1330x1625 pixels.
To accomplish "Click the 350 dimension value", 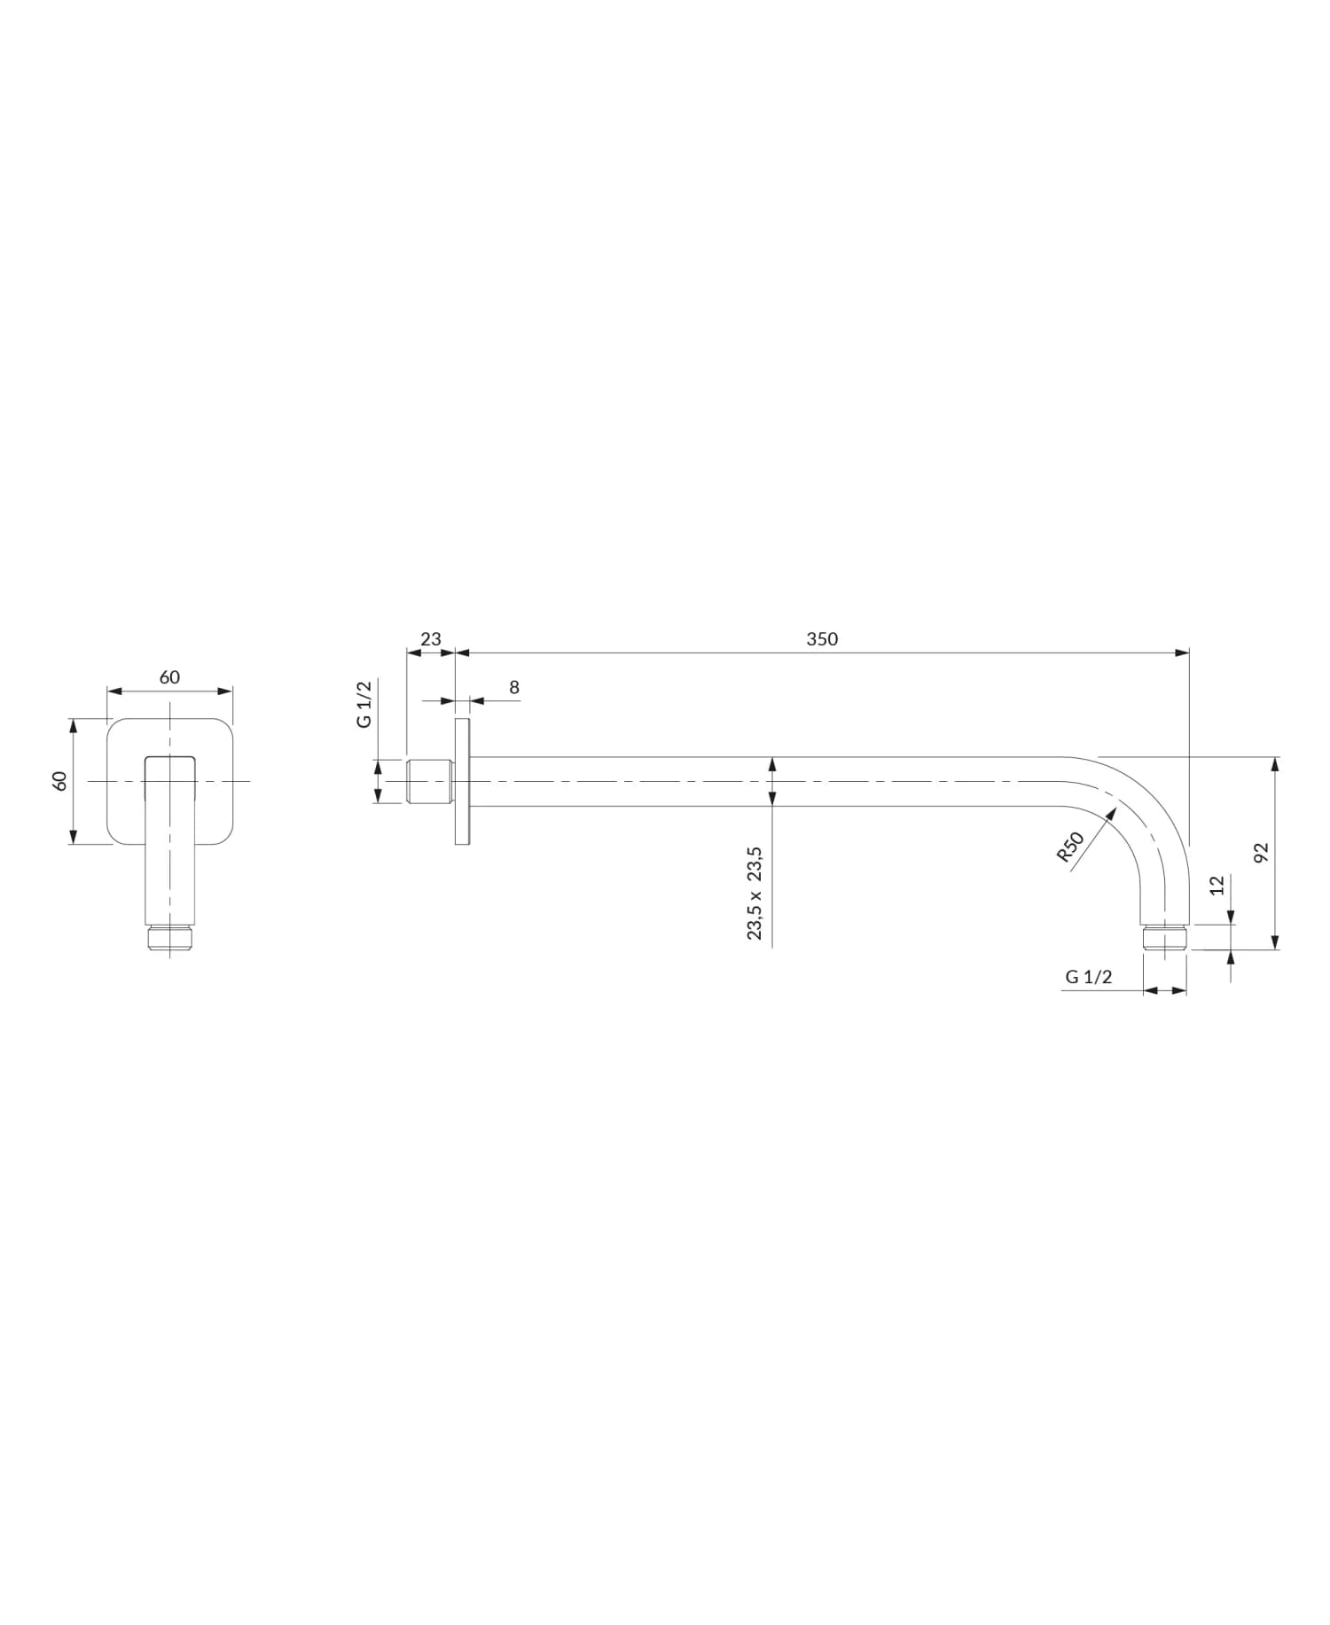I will (822, 638).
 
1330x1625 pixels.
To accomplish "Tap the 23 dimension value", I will (430, 638).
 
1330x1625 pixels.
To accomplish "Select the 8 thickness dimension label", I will (514, 687).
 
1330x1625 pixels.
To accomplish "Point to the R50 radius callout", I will (1070, 847).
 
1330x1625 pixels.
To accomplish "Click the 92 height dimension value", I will (1262, 852).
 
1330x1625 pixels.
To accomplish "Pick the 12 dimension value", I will (1217, 885).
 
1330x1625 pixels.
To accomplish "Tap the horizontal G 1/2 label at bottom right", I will (1088, 977).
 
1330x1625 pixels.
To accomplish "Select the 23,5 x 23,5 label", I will (755, 893).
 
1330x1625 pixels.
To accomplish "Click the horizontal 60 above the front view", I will (169, 677).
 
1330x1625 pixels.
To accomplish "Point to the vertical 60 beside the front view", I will (60, 781).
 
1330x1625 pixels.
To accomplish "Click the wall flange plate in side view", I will (462, 781).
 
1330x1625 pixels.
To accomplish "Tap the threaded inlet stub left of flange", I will (430, 781).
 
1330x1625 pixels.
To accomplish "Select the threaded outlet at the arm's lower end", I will (1165, 938).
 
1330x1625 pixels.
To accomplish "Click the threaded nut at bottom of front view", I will (169, 939).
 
